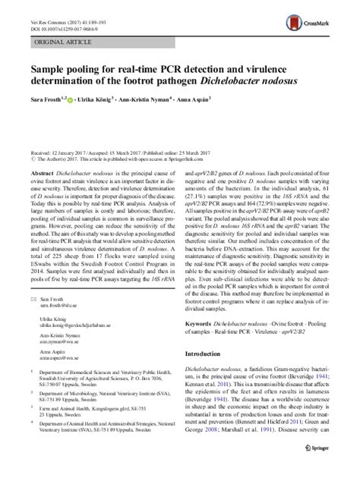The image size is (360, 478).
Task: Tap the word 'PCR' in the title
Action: click(x=195, y=72)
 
